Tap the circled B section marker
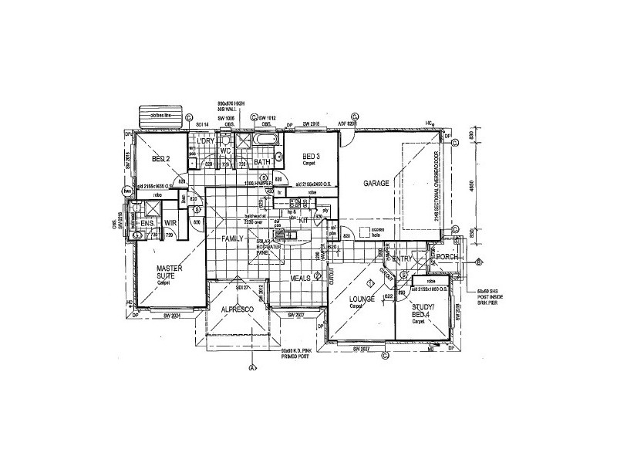478,262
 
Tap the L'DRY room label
205,141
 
